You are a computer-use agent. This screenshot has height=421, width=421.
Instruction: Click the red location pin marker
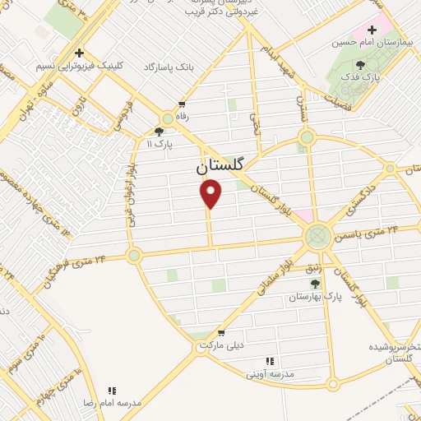click(x=211, y=194)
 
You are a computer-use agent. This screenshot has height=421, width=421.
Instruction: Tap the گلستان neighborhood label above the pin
click(x=220, y=164)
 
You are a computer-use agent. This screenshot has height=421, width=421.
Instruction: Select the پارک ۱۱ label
click(x=160, y=144)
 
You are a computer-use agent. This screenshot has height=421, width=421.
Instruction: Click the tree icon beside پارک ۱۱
click(x=159, y=130)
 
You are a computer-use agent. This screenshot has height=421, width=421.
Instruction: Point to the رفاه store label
click(x=182, y=118)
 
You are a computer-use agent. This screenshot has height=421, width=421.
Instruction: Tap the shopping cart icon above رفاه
click(x=182, y=104)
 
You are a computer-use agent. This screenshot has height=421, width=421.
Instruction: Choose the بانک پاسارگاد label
click(x=173, y=66)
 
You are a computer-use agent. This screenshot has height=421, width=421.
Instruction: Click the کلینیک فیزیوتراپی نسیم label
click(x=79, y=66)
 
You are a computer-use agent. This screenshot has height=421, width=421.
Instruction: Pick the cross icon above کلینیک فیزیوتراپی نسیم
click(x=79, y=52)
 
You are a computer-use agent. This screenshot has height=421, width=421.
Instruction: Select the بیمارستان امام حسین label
click(x=371, y=42)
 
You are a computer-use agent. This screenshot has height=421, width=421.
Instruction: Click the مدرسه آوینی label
click(x=269, y=373)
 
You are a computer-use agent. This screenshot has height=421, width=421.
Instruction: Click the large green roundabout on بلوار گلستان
click(x=316, y=237)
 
